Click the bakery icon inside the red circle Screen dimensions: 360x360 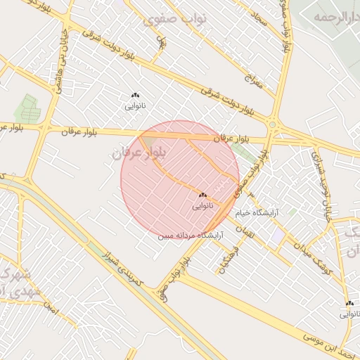pyautogui.click(x=202, y=194)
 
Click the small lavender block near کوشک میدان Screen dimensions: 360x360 pyautogui.click(x=280, y=232)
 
